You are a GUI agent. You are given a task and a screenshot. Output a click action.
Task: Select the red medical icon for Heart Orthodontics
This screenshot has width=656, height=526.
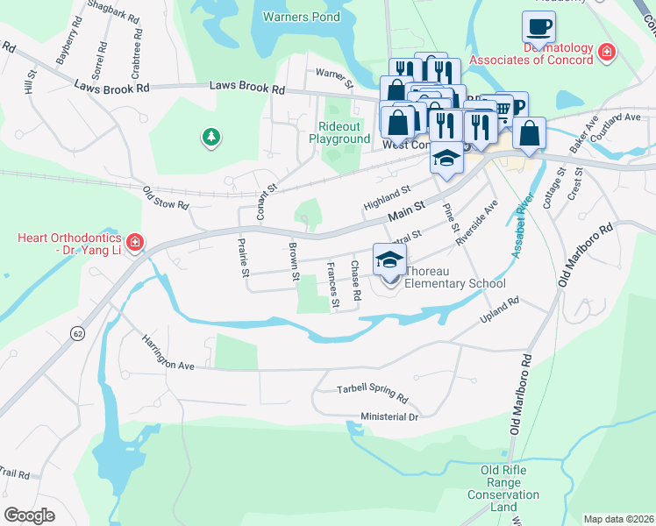134,242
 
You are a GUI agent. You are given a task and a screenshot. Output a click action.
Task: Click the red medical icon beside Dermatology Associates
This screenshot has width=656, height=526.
605,54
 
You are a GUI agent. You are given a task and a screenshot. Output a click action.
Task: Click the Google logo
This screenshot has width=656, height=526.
30,515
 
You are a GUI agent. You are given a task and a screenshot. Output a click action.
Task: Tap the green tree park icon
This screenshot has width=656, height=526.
210,137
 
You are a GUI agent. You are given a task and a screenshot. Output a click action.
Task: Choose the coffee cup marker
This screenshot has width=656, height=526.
538,26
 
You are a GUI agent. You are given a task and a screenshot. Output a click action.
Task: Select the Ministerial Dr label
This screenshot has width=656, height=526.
389,416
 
